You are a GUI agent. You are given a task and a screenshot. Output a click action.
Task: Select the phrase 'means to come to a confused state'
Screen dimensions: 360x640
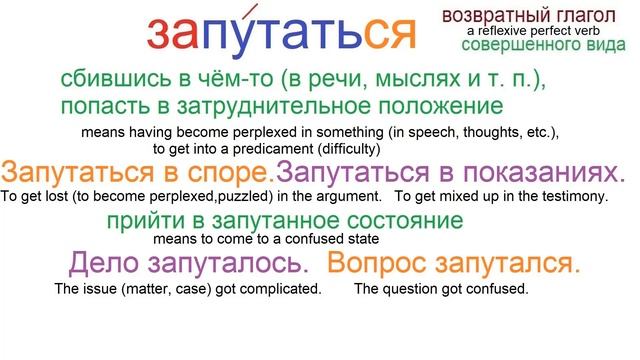[265, 239]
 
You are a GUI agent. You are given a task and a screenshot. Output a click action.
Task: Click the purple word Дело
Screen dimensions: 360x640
[103, 265]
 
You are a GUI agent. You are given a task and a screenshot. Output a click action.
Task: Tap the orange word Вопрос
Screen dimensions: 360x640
[378, 265]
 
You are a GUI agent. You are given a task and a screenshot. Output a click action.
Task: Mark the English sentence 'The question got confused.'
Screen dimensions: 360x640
[441, 290]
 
